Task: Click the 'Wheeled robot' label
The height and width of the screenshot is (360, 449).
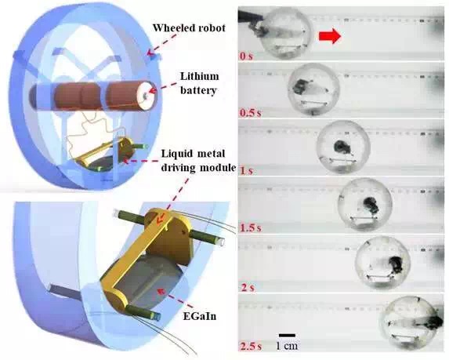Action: click(x=189, y=27)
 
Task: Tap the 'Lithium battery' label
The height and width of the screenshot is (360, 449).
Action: click(x=199, y=83)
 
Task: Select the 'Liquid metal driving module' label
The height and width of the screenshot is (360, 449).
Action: click(x=197, y=161)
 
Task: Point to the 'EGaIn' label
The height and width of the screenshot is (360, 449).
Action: click(x=200, y=316)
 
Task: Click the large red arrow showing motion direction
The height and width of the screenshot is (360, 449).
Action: click(x=330, y=37)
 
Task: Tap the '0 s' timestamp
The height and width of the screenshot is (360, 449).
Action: click(x=247, y=56)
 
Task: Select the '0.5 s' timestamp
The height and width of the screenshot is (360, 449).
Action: click(x=250, y=113)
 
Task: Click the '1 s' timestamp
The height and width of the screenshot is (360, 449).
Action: click(x=247, y=171)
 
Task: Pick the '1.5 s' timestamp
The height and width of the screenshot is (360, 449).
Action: click(x=251, y=228)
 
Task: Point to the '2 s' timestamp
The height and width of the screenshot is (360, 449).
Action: click(x=247, y=287)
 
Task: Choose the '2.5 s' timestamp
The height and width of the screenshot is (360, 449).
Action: click(x=251, y=346)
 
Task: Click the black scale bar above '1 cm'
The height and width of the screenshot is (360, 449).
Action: click(x=287, y=335)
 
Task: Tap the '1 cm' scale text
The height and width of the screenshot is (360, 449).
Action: click(x=287, y=345)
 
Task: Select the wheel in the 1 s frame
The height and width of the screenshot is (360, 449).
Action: click(x=344, y=147)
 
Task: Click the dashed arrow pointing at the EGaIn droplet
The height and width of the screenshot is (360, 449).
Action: click(x=171, y=297)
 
